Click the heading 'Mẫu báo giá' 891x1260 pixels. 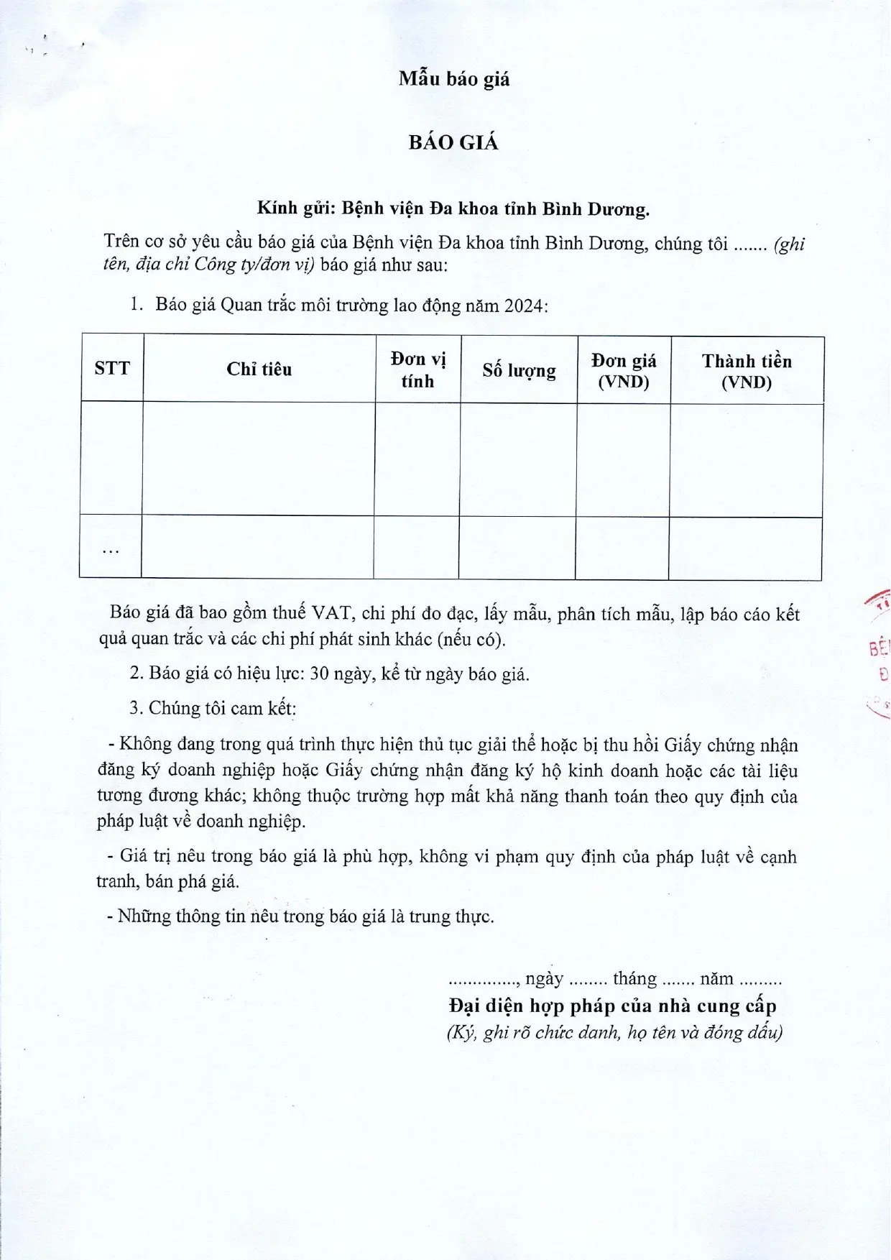coord(454,78)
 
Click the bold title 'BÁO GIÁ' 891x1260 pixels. coord(453,142)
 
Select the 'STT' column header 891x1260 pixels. coord(112,369)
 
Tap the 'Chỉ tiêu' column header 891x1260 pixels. coord(259,369)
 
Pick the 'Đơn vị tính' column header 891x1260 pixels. coord(418,370)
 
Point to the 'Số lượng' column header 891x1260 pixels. coord(519,371)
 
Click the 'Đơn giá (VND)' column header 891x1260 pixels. coord(624,371)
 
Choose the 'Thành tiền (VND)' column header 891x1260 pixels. coord(747,371)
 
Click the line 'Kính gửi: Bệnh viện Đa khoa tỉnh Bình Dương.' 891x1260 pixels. coord(453,209)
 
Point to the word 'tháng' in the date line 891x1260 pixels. coord(634,979)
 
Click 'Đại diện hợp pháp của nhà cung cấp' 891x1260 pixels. coord(612,1006)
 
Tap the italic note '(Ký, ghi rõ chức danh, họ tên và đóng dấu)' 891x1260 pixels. coord(614,1033)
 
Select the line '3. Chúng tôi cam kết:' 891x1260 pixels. coord(213,708)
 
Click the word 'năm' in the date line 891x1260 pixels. coord(716,979)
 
